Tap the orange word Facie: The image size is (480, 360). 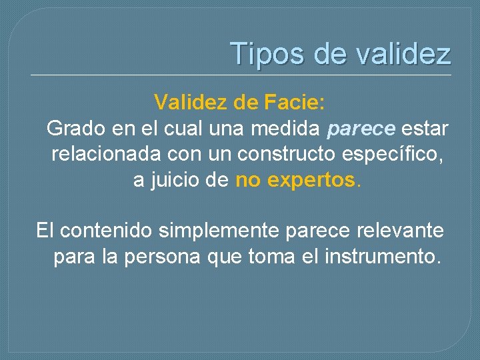[295, 103]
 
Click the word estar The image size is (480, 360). [425, 128]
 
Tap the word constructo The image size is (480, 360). [293, 154]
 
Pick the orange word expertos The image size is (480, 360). [311, 180]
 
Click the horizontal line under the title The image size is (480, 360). [240, 74]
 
